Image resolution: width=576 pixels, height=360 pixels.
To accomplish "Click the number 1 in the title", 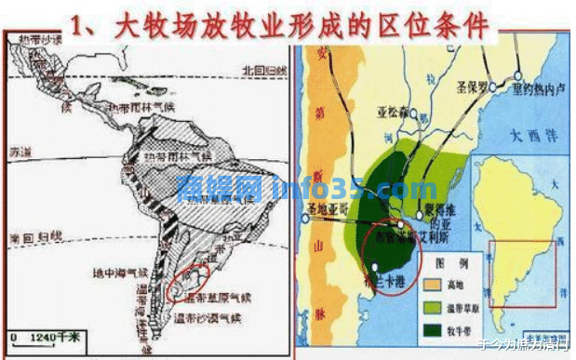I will [91, 23].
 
